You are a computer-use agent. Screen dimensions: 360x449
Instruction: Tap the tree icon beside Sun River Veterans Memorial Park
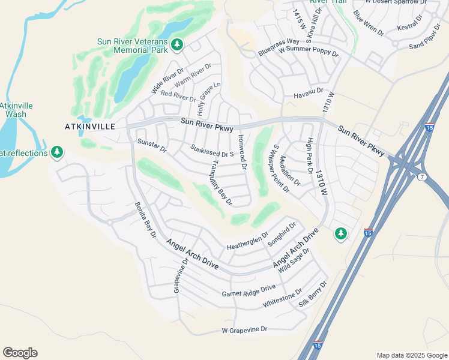tap(176, 44)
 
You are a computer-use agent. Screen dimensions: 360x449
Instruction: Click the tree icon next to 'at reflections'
tap(57, 152)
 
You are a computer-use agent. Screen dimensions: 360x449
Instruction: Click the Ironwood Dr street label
tap(242, 151)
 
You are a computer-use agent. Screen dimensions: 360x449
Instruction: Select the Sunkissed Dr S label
tap(211, 151)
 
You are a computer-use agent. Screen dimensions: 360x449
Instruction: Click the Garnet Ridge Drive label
tap(249, 291)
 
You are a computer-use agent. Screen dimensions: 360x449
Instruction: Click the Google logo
tap(20, 353)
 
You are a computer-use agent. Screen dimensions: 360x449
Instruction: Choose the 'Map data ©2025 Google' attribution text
tap(411, 355)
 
